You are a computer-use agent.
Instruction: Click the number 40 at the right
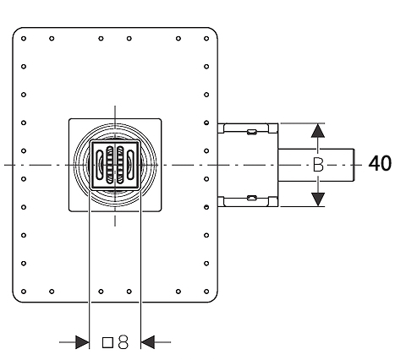point(380,163)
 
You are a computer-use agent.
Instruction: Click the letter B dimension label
point(318,165)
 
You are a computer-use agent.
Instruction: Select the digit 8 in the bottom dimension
point(123,342)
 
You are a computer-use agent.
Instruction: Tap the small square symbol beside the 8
point(107,342)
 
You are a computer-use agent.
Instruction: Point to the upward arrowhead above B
point(318,130)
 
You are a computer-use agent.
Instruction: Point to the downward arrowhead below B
point(318,199)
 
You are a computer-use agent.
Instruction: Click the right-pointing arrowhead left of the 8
point(82,342)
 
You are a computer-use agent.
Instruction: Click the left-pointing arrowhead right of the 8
point(147,342)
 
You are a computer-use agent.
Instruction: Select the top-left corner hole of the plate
point(24,38)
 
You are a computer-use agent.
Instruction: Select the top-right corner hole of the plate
point(206,38)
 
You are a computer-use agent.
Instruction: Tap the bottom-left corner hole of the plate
point(24,292)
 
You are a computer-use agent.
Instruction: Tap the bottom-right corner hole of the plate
point(206,292)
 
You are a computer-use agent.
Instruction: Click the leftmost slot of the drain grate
point(100,165)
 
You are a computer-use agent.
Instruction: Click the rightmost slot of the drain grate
point(130,165)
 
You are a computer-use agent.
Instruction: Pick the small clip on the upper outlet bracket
point(252,132)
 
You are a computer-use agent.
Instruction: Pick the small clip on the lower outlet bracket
point(252,198)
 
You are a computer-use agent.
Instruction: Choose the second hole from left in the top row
point(52,38)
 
